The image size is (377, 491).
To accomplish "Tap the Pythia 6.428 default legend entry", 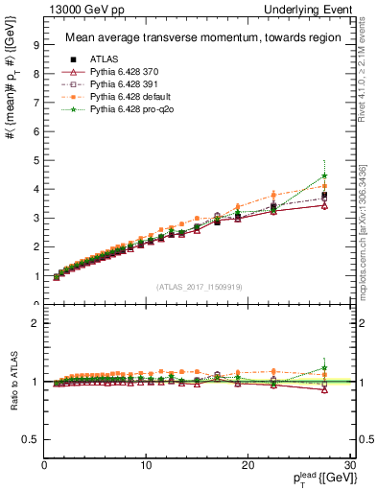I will coord(124,97).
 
